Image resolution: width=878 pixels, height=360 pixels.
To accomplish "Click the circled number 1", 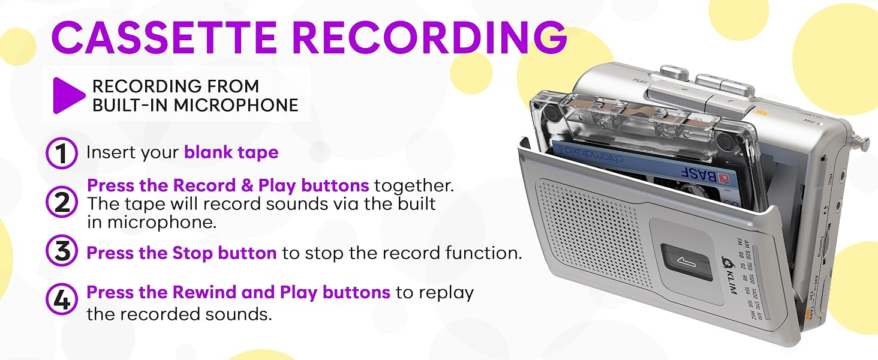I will pos(62,154).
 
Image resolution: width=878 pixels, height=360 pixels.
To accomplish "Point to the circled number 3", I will pos(62,253).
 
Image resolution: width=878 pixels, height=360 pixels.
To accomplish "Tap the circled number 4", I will pos(62,301).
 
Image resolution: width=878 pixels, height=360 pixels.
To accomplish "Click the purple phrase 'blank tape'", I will pos(231,152).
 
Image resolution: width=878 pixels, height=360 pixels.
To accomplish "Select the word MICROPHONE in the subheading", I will pos(236,106).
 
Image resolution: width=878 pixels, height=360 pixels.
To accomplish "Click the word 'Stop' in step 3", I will pos(196,253).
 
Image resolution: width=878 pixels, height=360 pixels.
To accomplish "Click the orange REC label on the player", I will pos(762,112).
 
